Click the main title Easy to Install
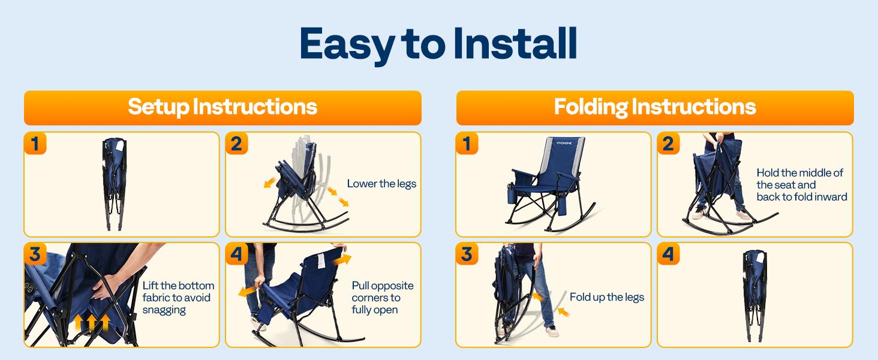(x=438, y=44)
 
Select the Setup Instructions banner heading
(x=222, y=107)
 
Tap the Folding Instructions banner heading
(x=655, y=107)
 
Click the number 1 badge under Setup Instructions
(x=35, y=144)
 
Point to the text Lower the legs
(x=381, y=184)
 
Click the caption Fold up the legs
(x=606, y=297)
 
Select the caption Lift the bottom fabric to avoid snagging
(x=178, y=298)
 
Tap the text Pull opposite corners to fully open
(x=383, y=298)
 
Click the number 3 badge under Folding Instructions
(x=467, y=254)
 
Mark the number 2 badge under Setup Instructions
(x=236, y=144)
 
